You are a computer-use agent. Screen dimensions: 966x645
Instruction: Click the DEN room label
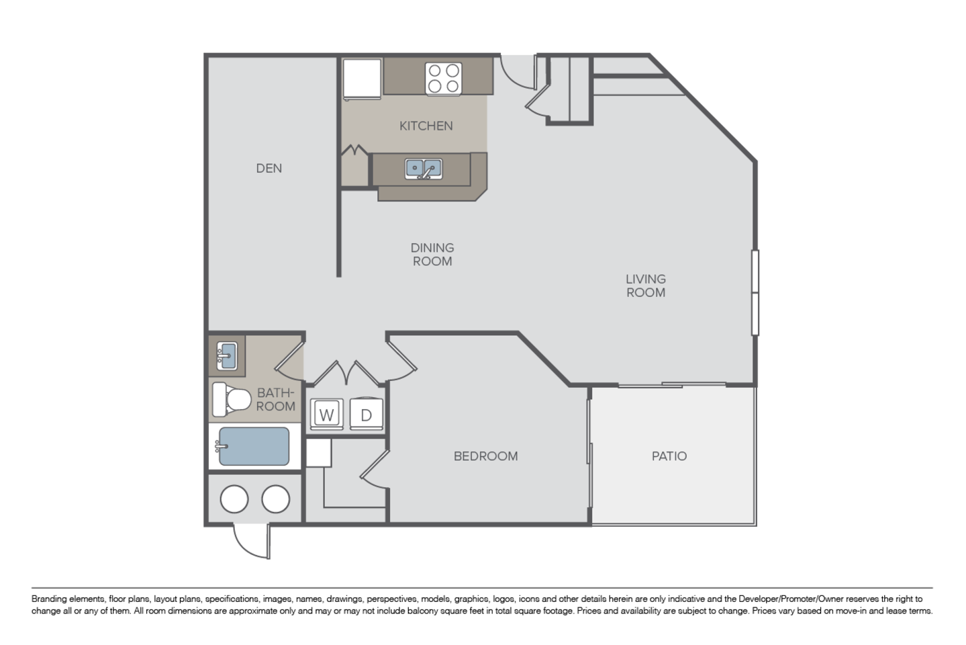269,168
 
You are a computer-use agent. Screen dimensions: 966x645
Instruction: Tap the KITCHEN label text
426,126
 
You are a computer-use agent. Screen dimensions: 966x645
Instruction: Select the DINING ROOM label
432,254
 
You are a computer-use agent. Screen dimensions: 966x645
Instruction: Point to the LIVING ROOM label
646,286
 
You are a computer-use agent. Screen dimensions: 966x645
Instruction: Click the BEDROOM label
485,456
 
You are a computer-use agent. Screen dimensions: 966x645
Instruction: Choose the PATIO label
669,456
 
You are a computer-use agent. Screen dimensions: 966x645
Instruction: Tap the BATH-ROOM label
276,399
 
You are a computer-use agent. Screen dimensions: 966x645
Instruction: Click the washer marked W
326,415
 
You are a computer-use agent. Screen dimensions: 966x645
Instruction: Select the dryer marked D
366,415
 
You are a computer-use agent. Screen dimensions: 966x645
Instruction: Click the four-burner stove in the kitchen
443,79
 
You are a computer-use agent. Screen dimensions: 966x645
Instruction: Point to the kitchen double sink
424,169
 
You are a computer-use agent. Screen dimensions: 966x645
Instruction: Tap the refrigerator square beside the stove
362,79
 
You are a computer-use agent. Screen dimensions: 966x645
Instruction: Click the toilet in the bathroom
232,399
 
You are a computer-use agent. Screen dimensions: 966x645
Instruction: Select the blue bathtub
254,446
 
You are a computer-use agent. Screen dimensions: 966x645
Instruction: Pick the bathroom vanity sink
226,356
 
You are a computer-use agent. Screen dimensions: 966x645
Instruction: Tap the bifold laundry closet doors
346,373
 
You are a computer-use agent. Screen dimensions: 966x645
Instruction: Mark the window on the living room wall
755,292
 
